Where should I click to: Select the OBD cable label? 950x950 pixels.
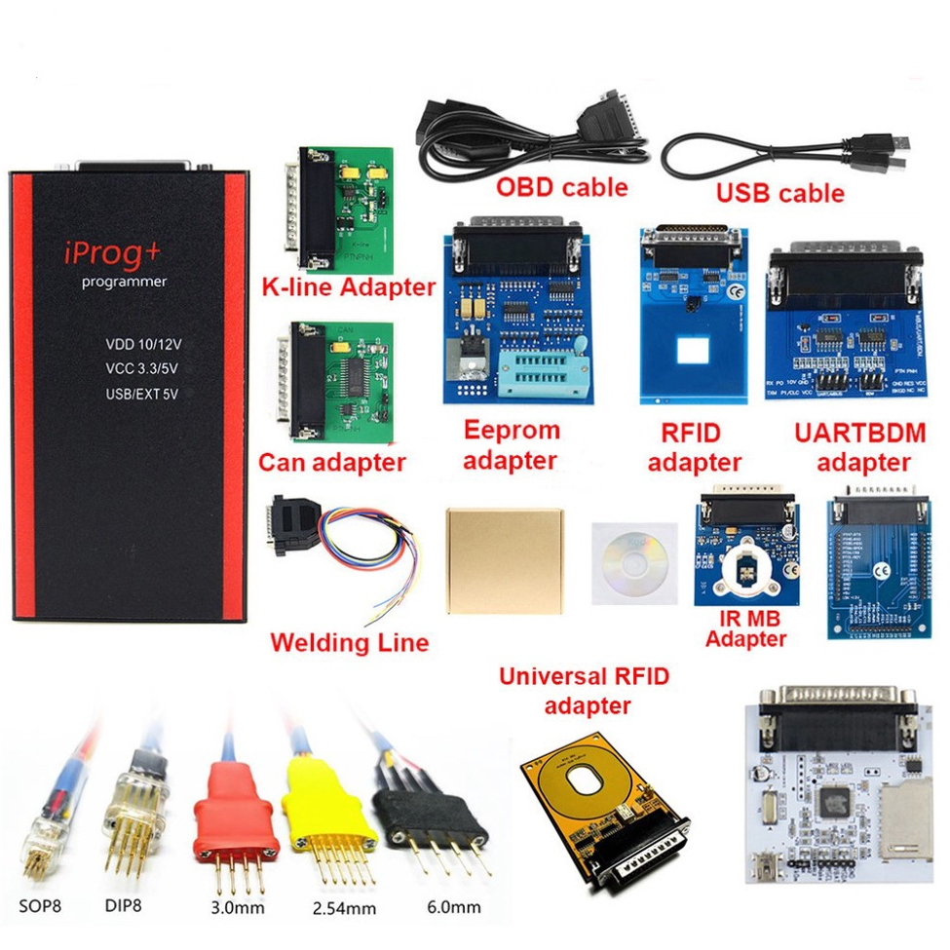click(x=562, y=186)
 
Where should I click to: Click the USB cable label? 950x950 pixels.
click(x=780, y=193)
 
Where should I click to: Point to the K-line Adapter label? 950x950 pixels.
click(x=348, y=287)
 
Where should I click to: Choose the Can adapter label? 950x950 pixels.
click(x=331, y=462)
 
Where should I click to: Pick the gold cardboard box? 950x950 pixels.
click(x=503, y=559)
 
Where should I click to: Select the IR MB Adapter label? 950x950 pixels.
click(x=746, y=628)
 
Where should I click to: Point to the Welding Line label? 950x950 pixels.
click(x=349, y=643)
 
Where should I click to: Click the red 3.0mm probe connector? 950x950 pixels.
click(x=231, y=818)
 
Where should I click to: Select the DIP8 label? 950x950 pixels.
click(x=123, y=904)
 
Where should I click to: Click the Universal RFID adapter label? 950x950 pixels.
click(x=585, y=690)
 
